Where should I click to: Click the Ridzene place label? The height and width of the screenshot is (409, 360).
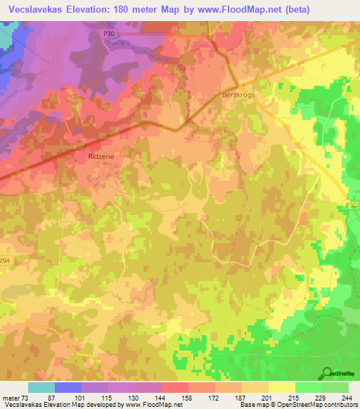coord(100,158)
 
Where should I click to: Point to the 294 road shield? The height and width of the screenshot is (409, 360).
coord(4,260)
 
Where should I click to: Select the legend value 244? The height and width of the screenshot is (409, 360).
coord(347,398)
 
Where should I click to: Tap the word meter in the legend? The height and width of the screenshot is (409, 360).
coord(13,398)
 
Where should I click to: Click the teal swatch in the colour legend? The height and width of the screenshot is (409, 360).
coord(41,387)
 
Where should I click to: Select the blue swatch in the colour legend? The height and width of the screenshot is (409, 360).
coord(67,387)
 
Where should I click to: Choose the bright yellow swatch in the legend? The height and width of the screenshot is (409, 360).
coord(281,387)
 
